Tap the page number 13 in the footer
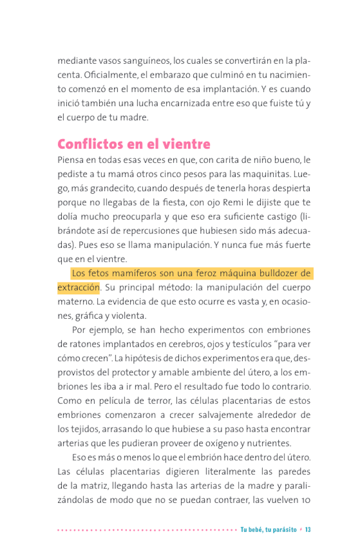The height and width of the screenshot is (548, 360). pyautogui.click(x=308, y=529)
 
